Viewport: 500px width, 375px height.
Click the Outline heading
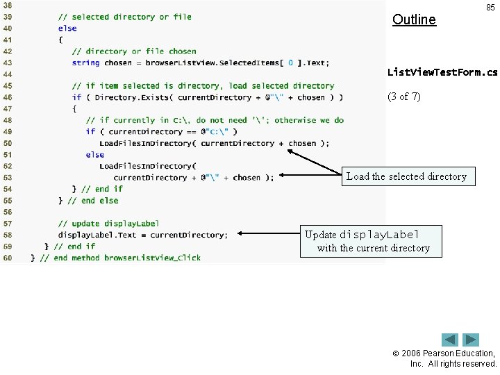(x=414, y=19)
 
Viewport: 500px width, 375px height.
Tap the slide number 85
(x=490, y=8)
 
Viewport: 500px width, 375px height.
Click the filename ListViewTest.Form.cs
(x=442, y=72)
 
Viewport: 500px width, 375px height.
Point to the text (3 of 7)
(x=403, y=97)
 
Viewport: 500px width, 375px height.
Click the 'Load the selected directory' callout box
(x=406, y=176)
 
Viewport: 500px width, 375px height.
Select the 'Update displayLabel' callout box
(x=370, y=241)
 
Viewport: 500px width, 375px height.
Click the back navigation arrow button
(x=450, y=340)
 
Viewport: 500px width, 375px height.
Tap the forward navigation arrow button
(x=472, y=340)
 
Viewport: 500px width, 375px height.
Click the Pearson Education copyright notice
(x=452, y=358)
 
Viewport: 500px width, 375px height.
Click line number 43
(x=8, y=62)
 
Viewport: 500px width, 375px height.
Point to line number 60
(x=8, y=258)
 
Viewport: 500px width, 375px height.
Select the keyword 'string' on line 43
(x=85, y=62)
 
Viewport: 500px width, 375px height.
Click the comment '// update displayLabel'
(x=108, y=224)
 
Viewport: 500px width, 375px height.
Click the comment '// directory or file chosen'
(x=134, y=51)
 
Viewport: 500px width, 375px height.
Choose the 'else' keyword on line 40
(x=67, y=28)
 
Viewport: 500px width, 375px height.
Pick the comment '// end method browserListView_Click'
(x=120, y=258)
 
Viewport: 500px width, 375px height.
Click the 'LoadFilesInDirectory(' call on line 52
(x=147, y=166)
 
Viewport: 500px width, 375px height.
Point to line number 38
(x=8, y=6)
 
